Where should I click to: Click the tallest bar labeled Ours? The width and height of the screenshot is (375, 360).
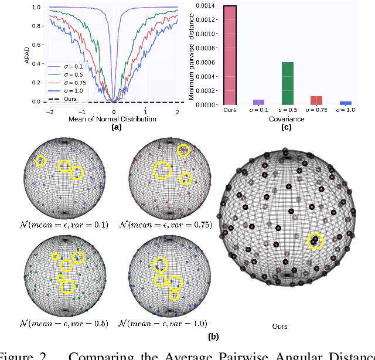tap(230, 55)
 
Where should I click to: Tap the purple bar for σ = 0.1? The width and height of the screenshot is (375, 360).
tap(258, 102)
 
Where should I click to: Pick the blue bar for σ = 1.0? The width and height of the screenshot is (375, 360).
tap(346, 103)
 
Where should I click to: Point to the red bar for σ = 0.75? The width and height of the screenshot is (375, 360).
tap(316, 100)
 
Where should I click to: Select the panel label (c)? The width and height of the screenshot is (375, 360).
tap(287, 127)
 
